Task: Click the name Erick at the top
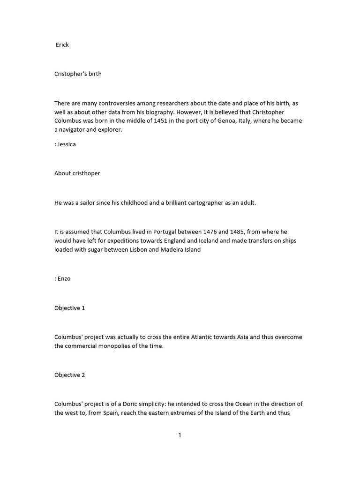click(x=62, y=45)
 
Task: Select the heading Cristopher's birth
click(x=78, y=74)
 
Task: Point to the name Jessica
click(x=67, y=144)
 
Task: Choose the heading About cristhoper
click(x=77, y=173)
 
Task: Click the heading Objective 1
click(x=70, y=308)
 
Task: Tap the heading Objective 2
click(x=70, y=375)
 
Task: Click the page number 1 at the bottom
click(x=180, y=435)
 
